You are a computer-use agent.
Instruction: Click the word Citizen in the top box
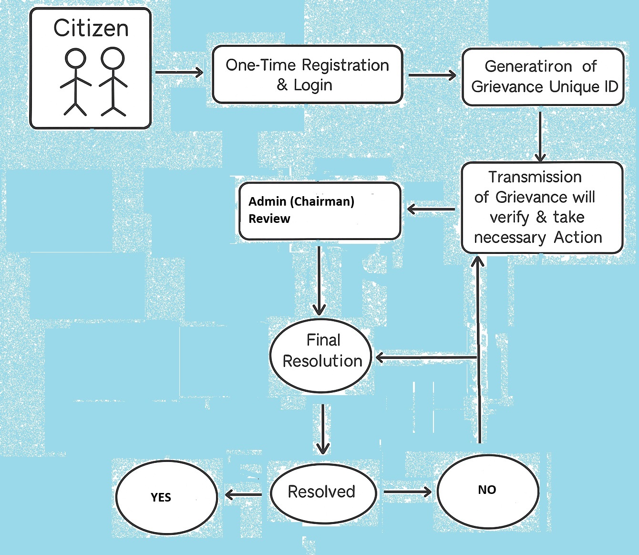pyautogui.click(x=91, y=29)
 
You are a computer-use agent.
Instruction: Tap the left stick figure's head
pyautogui.click(x=75, y=59)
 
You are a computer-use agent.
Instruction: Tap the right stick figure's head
pyautogui.click(x=113, y=58)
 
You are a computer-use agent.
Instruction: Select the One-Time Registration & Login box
pyautogui.click(x=307, y=74)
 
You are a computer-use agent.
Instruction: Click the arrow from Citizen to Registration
pyautogui.click(x=179, y=73)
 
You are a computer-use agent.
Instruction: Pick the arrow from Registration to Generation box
pyautogui.click(x=432, y=75)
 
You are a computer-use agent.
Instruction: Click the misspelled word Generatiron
pyautogui.click(x=528, y=66)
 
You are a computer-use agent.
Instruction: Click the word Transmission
pyautogui.click(x=535, y=177)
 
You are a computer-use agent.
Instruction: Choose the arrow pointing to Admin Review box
pyautogui.click(x=431, y=209)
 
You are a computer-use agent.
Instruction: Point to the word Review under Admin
pyautogui.click(x=269, y=219)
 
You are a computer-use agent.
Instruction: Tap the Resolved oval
pyautogui.click(x=322, y=492)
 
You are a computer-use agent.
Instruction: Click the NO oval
pyautogui.click(x=487, y=490)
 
